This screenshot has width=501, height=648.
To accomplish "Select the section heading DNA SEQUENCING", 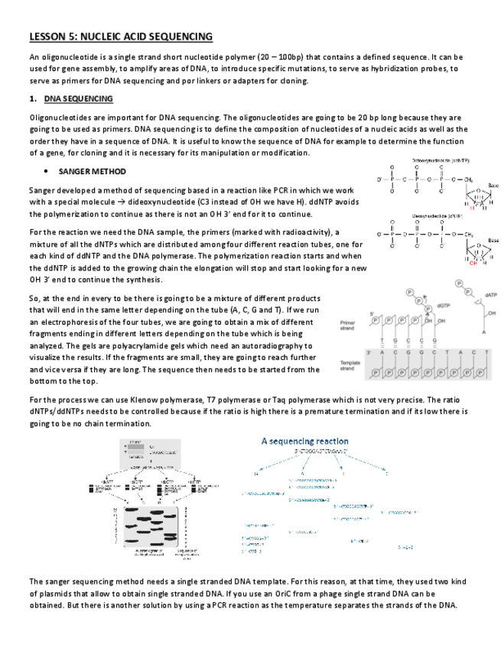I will [x=79, y=99].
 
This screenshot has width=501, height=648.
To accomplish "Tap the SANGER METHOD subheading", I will [x=92, y=171].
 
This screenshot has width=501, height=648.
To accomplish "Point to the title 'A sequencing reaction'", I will [x=304, y=441].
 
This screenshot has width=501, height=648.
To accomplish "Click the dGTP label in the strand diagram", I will [x=443, y=305].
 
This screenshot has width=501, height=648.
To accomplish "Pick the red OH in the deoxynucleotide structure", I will [x=474, y=263].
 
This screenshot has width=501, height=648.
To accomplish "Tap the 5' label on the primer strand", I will [x=372, y=313].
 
